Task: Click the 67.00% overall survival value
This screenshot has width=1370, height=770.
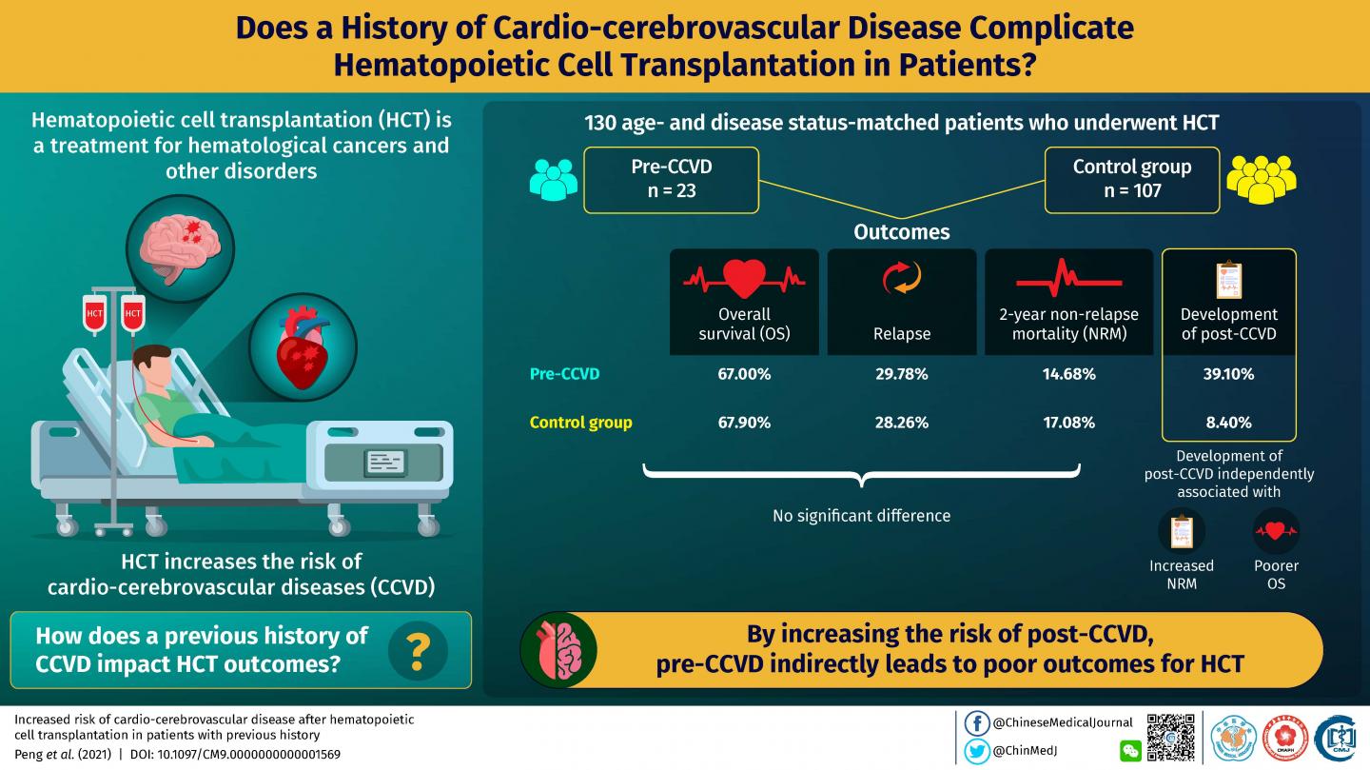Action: [743, 374]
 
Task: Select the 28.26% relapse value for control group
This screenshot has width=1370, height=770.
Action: [901, 422]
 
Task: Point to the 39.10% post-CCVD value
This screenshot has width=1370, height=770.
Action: [1227, 374]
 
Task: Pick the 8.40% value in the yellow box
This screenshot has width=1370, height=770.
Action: [1227, 422]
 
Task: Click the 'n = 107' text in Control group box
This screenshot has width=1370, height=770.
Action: [1131, 190]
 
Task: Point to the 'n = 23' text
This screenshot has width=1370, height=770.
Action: [673, 190]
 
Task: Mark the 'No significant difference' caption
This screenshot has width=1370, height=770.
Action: [861, 516]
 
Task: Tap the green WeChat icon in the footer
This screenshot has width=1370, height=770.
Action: [1130, 751]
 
